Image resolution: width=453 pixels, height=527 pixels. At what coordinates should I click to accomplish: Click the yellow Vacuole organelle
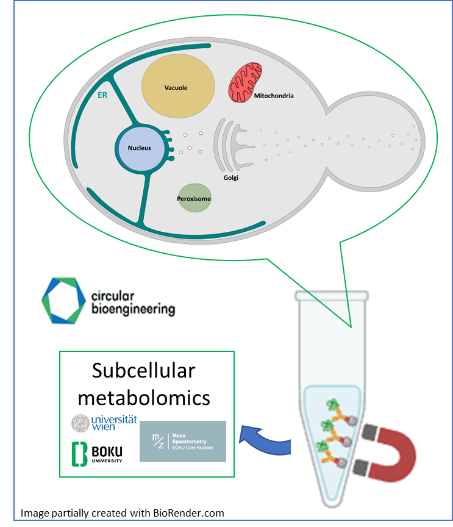tap(177, 87)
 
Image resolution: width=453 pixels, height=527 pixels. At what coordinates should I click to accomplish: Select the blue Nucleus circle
tap(140, 148)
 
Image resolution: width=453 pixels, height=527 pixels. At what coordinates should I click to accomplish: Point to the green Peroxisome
tap(194, 199)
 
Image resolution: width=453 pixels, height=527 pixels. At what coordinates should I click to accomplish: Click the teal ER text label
tap(103, 96)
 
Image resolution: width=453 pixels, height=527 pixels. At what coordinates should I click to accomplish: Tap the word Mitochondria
tap(274, 96)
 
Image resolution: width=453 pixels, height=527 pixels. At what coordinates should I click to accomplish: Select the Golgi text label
tap(231, 177)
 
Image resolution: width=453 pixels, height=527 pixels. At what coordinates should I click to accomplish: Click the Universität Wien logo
tap(104, 423)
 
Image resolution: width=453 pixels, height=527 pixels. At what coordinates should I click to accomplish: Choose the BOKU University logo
tap(98, 453)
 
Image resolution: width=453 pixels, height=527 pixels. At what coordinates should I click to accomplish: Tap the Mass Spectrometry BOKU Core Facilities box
tap(183, 441)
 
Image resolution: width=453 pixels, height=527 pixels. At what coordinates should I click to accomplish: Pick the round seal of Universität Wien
tap(80, 423)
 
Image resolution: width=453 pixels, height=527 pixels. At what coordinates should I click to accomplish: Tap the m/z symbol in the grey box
tap(157, 440)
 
